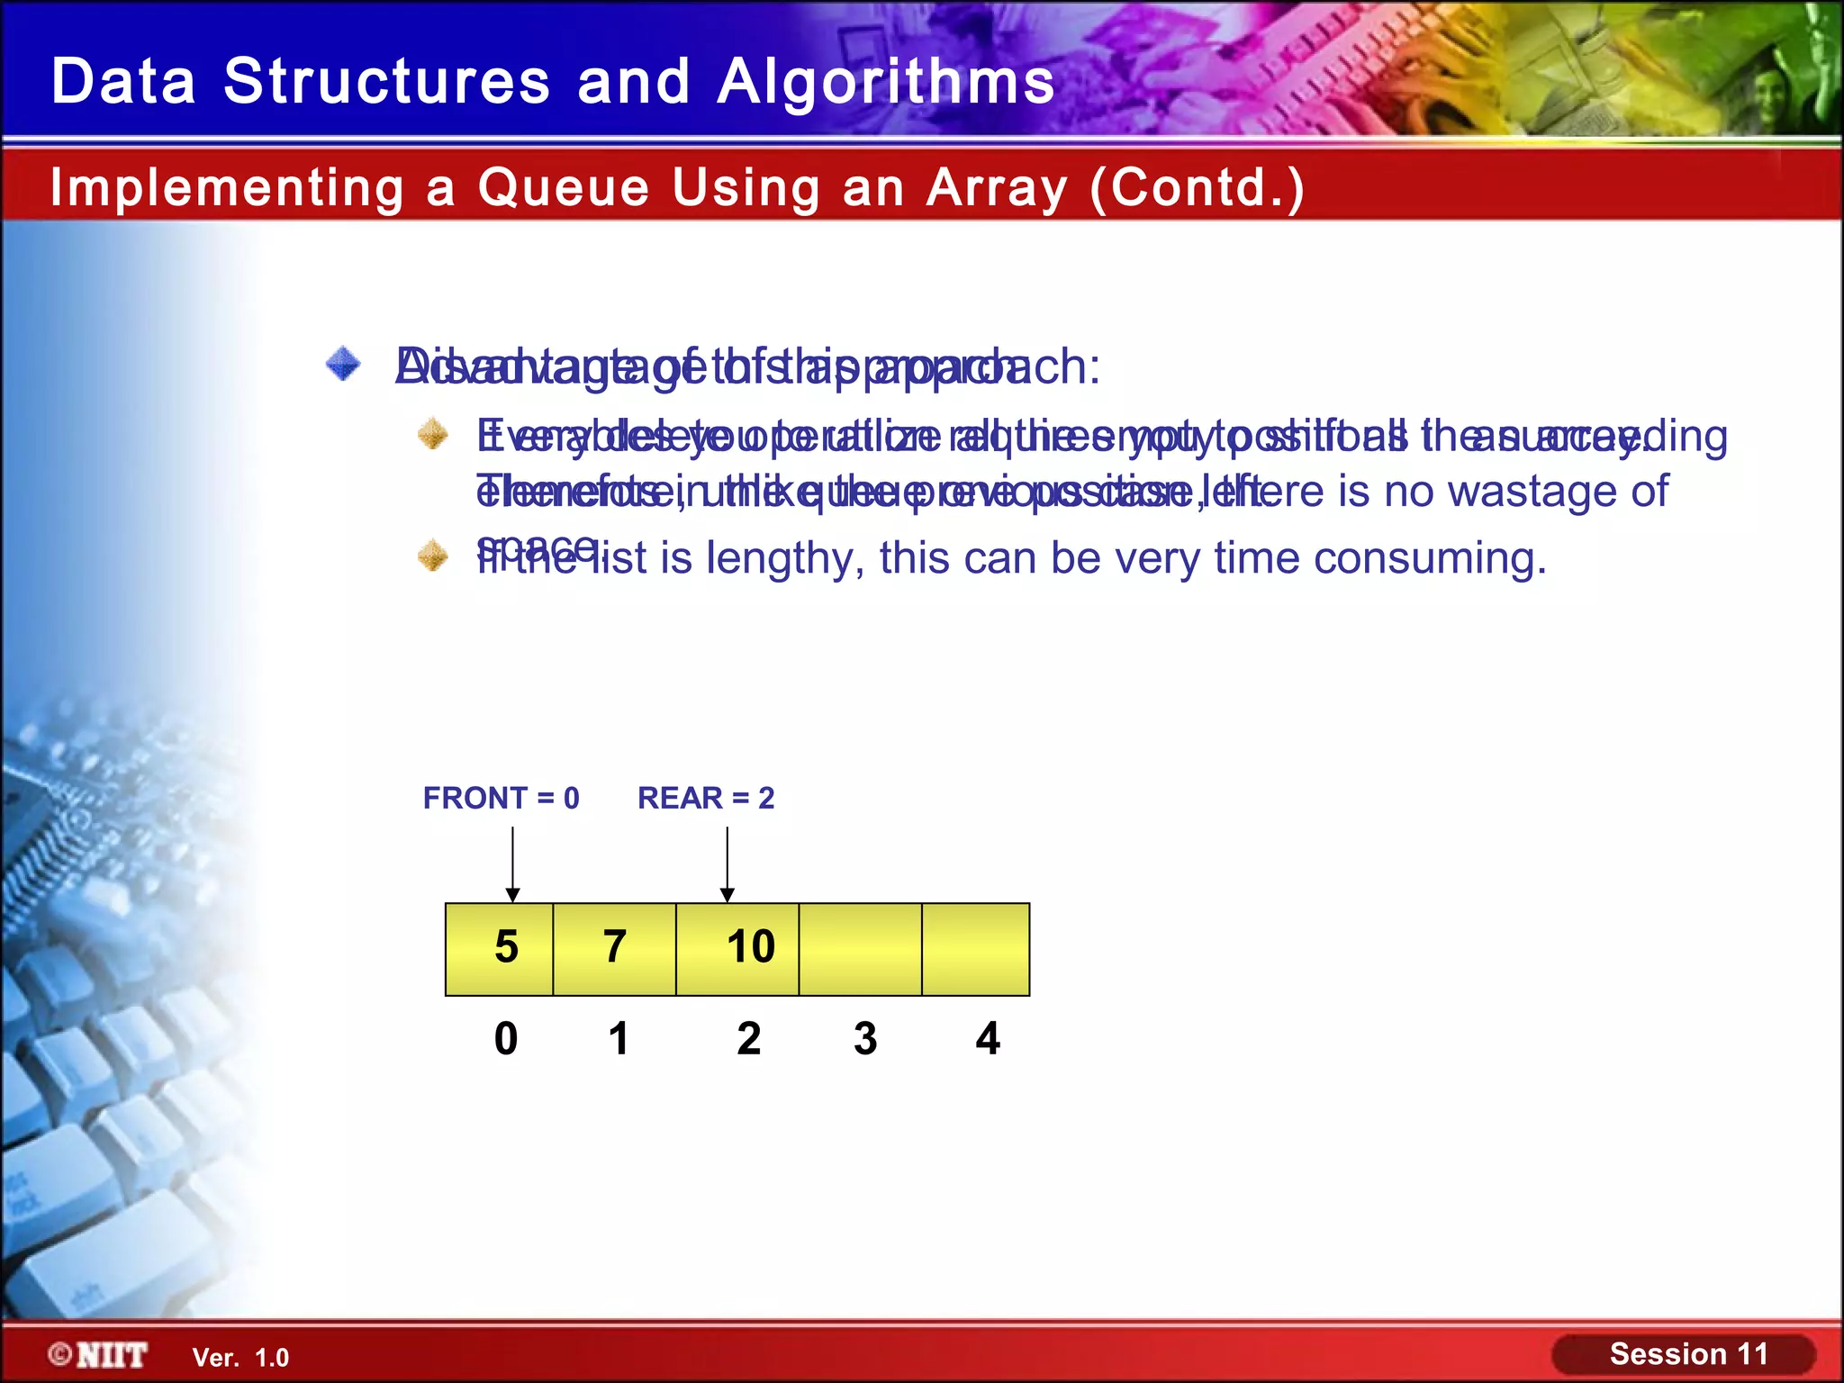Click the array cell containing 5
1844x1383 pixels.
pyautogui.click(x=500, y=949)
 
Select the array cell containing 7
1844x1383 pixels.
pyautogui.click(x=614, y=949)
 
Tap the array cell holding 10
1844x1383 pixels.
pyautogui.click(x=737, y=949)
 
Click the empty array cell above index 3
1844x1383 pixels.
pyautogui.click(x=860, y=949)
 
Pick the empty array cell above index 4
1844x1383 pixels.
pyautogui.click(x=975, y=949)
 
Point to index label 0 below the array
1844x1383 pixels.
pyautogui.click(x=506, y=1038)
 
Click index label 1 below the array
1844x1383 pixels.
pyautogui.click(x=618, y=1038)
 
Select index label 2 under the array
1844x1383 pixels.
pyautogui.click(x=748, y=1038)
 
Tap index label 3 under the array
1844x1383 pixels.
pyautogui.click(x=865, y=1038)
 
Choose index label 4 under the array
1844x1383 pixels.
pyautogui.click(x=988, y=1038)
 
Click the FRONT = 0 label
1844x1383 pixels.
pyautogui.click(x=501, y=798)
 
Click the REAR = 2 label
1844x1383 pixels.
pyautogui.click(x=706, y=798)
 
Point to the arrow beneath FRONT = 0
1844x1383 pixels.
pyautogui.click(x=512, y=864)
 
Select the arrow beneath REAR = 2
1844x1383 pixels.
pyautogui.click(x=728, y=864)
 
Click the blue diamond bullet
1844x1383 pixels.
pyautogui.click(x=343, y=365)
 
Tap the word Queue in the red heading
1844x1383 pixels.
pyautogui.click(x=563, y=187)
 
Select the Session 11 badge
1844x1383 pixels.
pyautogui.click(x=1687, y=1354)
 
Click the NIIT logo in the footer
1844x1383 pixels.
pyautogui.click(x=99, y=1355)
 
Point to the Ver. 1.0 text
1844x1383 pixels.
pyautogui.click(x=240, y=1358)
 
